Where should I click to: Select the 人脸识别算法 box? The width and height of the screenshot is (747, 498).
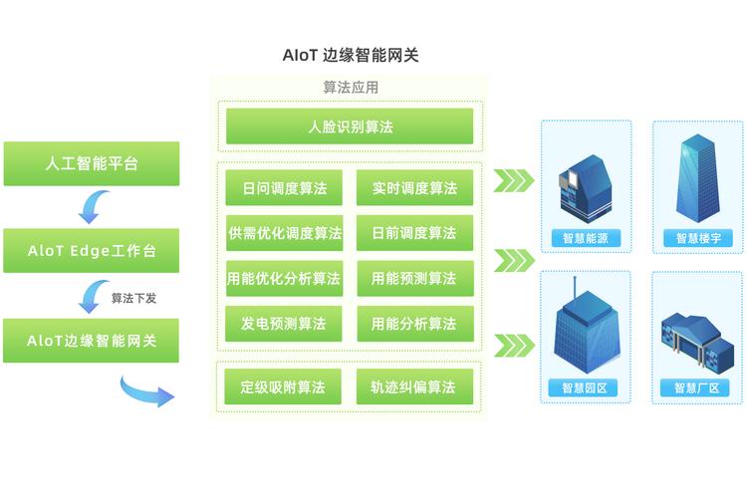click(x=350, y=126)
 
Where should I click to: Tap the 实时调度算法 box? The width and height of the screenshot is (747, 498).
click(x=414, y=187)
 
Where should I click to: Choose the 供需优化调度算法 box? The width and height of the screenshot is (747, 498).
click(x=284, y=233)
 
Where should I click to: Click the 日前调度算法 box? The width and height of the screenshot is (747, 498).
click(x=414, y=233)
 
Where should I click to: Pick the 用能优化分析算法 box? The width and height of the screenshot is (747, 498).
click(x=284, y=279)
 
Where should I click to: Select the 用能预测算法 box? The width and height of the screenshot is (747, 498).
click(x=414, y=279)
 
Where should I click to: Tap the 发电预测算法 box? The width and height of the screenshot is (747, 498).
click(x=284, y=324)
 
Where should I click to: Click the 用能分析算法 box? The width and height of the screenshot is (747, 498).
click(x=414, y=324)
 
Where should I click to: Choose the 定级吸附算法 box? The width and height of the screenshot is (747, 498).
click(x=284, y=386)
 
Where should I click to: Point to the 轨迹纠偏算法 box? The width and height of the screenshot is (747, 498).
click(x=414, y=386)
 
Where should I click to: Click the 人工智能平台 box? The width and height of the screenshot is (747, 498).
click(x=92, y=163)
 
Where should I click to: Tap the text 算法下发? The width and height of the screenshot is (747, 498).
click(x=133, y=297)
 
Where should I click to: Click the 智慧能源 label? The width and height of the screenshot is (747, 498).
click(x=586, y=239)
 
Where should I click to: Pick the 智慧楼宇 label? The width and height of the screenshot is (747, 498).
click(x=698, y=239)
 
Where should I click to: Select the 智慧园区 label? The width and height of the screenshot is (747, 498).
click(x=585, y=388)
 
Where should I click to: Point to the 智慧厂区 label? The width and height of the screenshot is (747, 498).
click(x=696, y=388)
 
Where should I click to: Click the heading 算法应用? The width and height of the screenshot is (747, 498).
click(x=351, y=88)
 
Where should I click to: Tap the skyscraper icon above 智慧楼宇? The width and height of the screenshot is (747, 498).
click(x=697, y=179)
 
